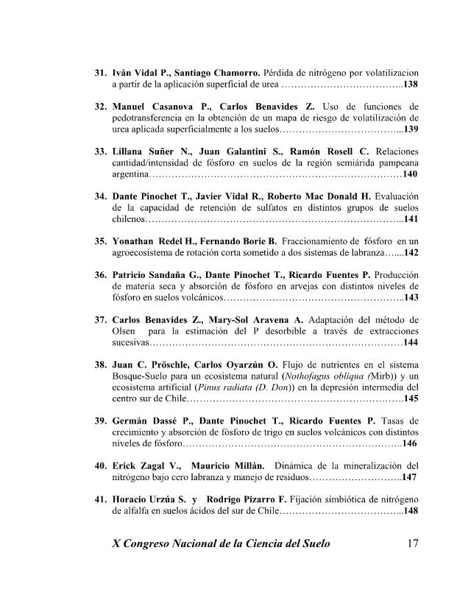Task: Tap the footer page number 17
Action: pos(412,544)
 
